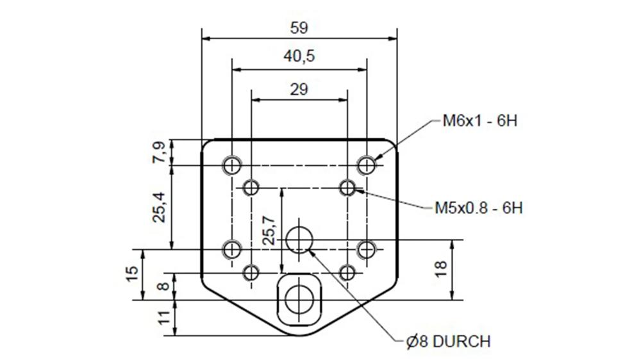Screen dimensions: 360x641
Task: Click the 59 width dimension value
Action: pyautogui.click(x=299, y=28)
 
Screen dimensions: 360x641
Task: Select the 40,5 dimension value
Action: pyautogui.click(x=299, y=56)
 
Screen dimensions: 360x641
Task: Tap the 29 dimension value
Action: pyautogui.click(x=299, y=89)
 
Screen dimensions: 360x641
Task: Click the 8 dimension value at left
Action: pyautogui.click(x=163, y=286)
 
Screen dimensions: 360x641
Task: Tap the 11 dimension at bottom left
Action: pyautogui.click(x=163, y=318)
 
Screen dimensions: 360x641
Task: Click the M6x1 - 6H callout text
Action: pyautogui.click(x=479, y=121)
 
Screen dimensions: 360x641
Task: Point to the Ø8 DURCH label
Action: pyautogui.click(x=448, y=341)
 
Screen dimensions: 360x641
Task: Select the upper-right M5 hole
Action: pyautogui.click(x=347, y=188)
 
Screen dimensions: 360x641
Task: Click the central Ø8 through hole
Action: pyautogui.click(x=299, y=240)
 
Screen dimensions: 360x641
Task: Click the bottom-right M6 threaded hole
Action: pyautogui.click(x=367, y=249)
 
